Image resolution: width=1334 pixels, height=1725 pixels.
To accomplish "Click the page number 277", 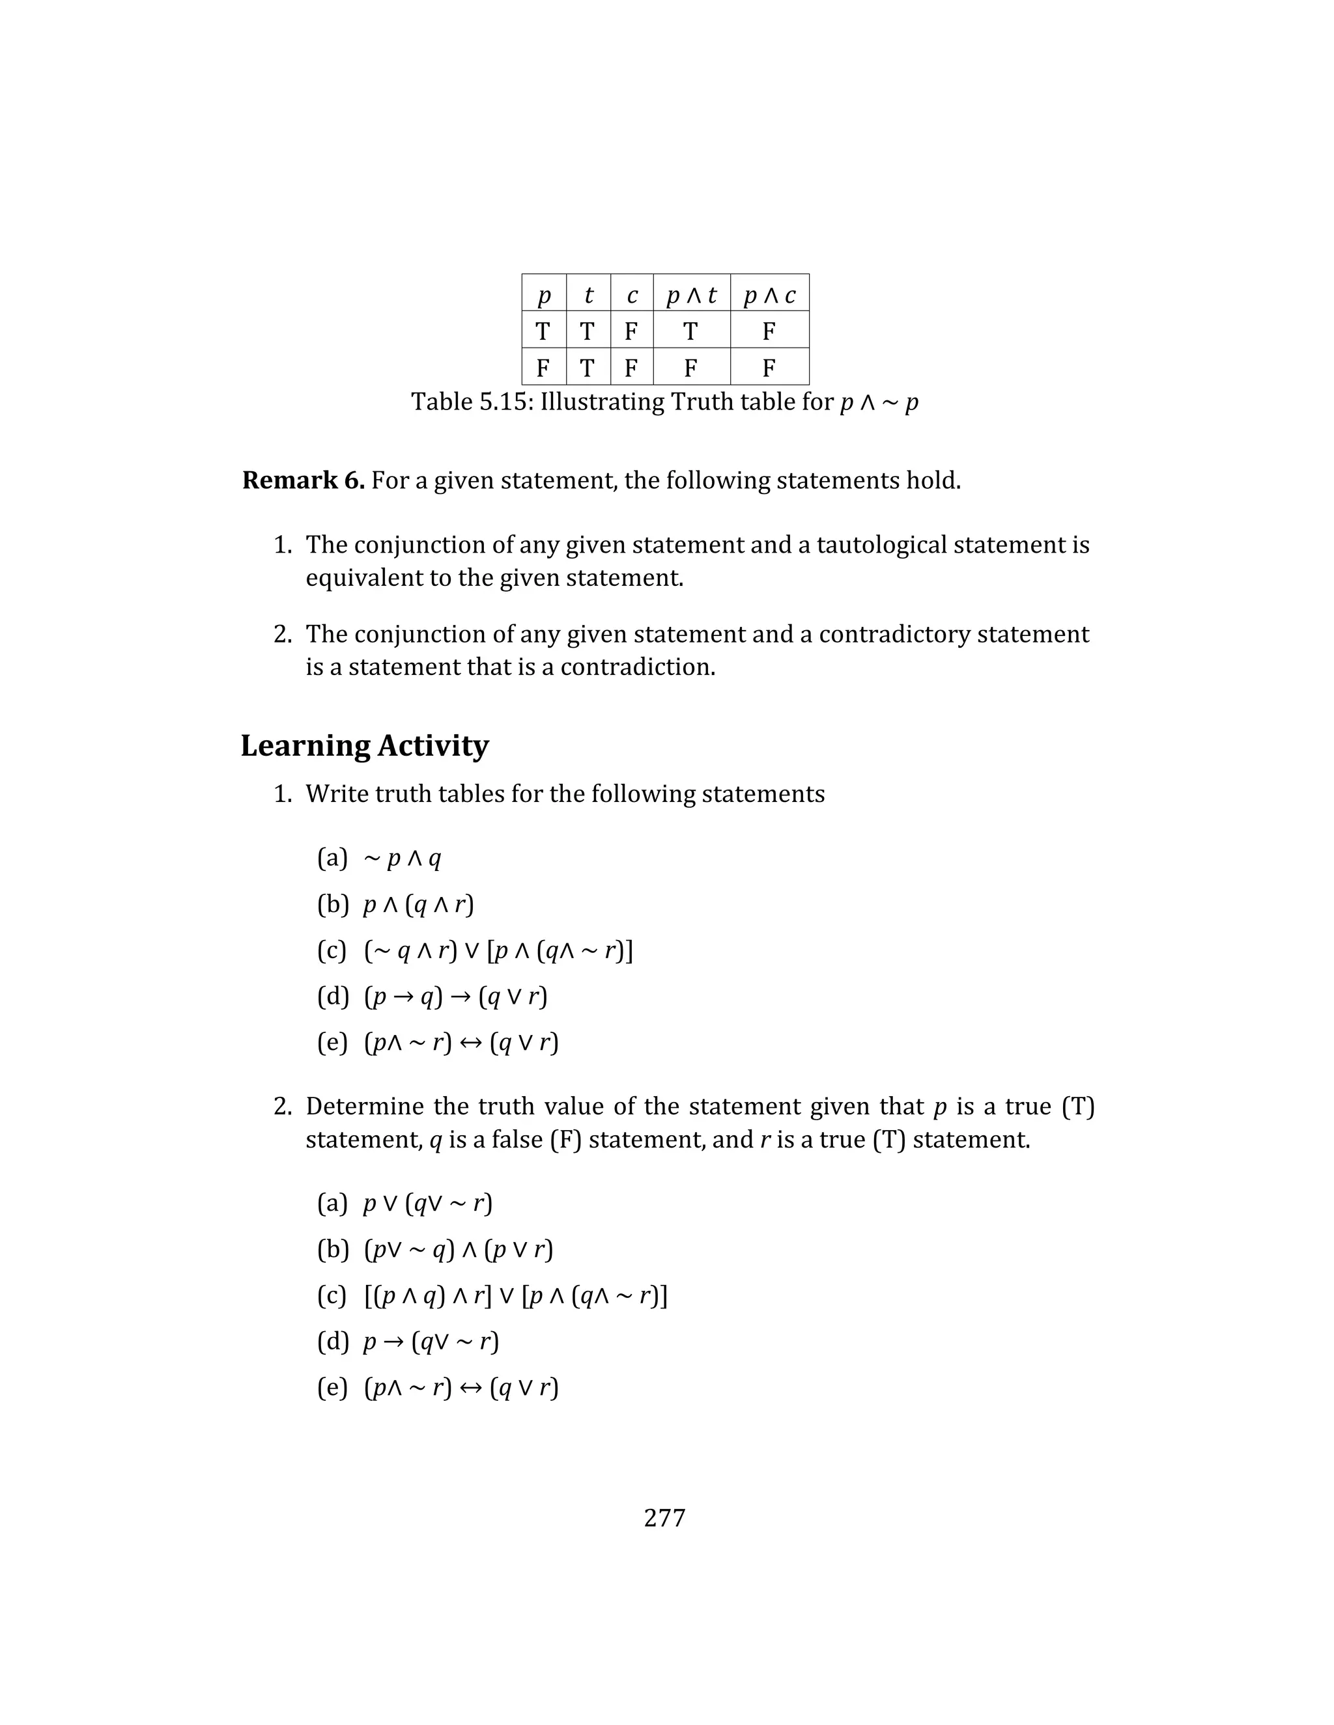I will pyautogui.click(x=664, y=1517).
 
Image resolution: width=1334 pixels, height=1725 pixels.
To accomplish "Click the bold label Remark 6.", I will pyautogui.click(x=303, y=480).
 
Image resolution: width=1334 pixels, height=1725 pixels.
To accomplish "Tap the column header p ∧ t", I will pyautogui.click(x=692, y=295).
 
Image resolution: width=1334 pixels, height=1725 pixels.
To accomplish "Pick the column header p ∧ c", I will pyautogui.click(x=769, y=295).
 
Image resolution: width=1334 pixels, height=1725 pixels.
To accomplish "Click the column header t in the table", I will pyautogui.click(x=588, y=295).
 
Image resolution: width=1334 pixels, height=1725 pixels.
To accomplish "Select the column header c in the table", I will pyautogui.click(x=631, y=295).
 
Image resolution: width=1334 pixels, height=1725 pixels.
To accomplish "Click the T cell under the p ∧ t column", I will pyautogui.click(x=690, y=331).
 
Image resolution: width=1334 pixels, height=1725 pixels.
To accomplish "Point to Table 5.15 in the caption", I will pyautogui.click(x=471, y=402).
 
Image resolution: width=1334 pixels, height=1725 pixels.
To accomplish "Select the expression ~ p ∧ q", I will pyautogui.click(x=403, y=859).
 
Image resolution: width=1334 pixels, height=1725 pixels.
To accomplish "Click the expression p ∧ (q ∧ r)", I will pyautogui.click(x=418, y=904).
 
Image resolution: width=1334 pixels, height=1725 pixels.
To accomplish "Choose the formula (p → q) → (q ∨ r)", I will pyautogui.click(x=455, y=997).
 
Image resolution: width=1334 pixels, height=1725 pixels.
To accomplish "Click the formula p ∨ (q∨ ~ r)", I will pyautogui.click(x=427, y=1204).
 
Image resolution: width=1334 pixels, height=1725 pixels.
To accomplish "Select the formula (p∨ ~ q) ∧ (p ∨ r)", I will pyautogui.click(x=459, y=1250).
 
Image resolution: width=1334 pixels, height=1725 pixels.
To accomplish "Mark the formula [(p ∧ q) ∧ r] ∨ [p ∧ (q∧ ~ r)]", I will pyautogui.click(x=515, y=1295).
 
